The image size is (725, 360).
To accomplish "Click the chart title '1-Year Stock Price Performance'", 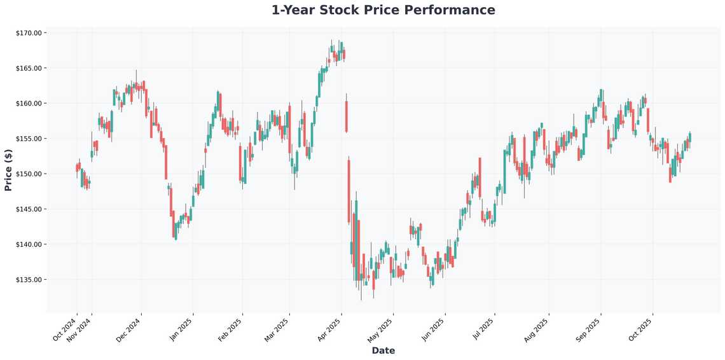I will coord(383,10).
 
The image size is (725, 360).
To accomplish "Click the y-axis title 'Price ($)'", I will coord(8,170).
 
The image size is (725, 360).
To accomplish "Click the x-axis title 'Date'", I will coord(383,350).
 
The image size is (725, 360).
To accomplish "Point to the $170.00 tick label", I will coord(29,33).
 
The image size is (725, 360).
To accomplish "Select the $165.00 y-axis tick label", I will coord(29,68).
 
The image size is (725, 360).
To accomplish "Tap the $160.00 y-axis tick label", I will coord(29,103).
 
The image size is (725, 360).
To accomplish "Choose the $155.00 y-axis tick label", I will coord(29,139).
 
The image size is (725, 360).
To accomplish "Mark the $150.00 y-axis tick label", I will coord(29,174).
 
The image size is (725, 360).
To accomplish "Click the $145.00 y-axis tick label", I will coord(29,209).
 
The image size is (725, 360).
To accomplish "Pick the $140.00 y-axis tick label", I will coord(29,244).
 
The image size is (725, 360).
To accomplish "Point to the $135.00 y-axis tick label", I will coord(29,280).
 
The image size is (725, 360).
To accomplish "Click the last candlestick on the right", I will coord(690,137).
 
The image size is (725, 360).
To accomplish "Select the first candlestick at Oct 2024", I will coord(76,168).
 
